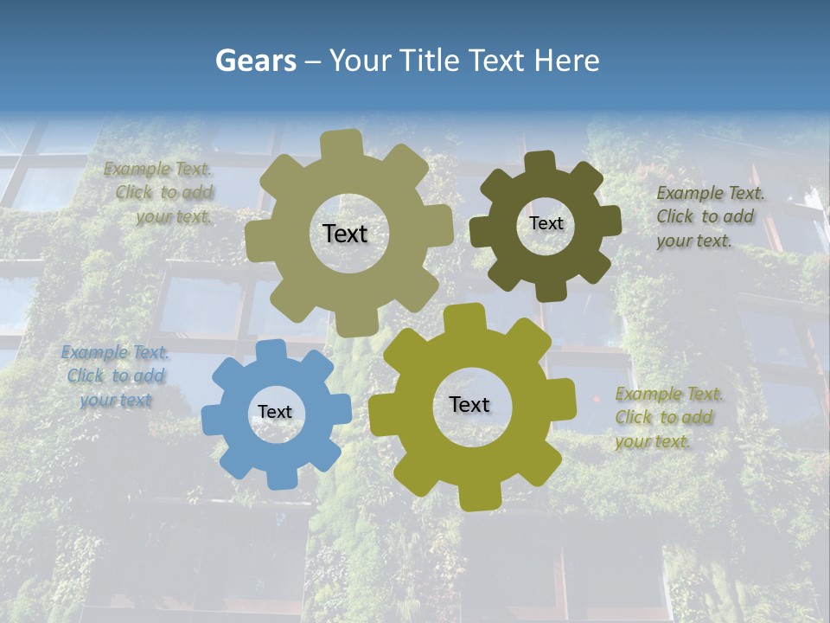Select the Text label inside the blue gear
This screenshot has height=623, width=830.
coord(275,413)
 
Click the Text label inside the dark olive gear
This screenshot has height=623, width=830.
coord(546,223)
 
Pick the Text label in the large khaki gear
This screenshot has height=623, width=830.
coord(345,234)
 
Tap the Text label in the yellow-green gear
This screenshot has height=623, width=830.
coord(469,405)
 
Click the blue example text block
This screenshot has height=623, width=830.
coord(116,376)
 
